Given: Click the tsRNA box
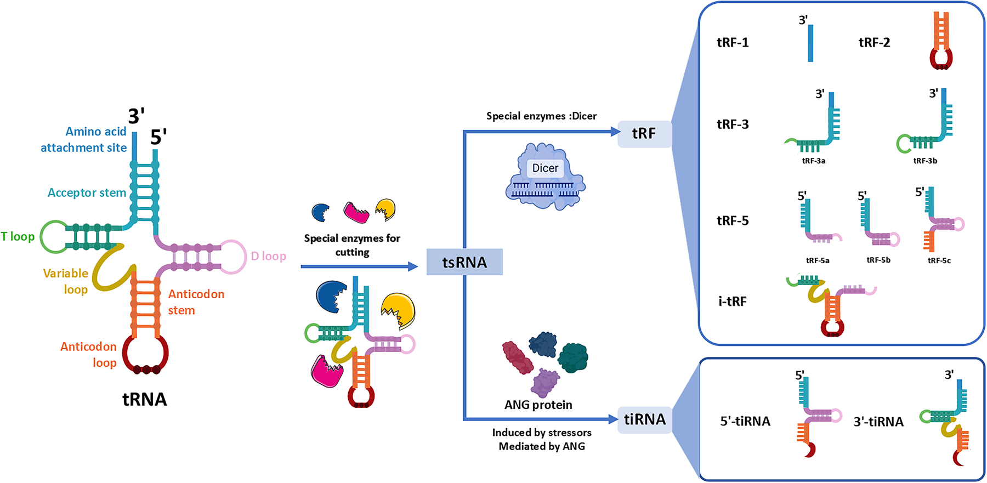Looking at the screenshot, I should click(x=464, y=262).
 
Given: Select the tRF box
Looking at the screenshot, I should click(x=644, y=134).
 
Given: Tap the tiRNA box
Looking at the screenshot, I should click(x=645, y=420).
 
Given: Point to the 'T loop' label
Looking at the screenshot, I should click(x=18, y=236).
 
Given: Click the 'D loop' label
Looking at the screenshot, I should click(x=268, y=256).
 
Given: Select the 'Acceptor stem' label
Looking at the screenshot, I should click(x=87, y=192).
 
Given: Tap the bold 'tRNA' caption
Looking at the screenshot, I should click(x=144, y=399).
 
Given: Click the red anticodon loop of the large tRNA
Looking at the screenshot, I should click(x=145, y=354).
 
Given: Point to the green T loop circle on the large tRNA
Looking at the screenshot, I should click(x=54, y=236).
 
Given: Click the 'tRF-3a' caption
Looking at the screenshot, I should click(x=813, y=161).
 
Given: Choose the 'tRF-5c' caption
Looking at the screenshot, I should click(x=939, y=260).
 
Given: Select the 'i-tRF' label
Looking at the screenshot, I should click(x=733, y=301).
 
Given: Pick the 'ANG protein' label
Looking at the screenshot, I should click(x=538, y=405).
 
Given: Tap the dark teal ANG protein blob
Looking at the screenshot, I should click(x=573, y=357).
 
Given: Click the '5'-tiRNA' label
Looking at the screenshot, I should click(x=745, y=421).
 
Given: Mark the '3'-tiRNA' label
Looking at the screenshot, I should click(x=878, y=422).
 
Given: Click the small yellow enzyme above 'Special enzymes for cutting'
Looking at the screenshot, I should click(x=385, y=209).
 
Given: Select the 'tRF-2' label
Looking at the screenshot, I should click(x=874, y=43).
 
